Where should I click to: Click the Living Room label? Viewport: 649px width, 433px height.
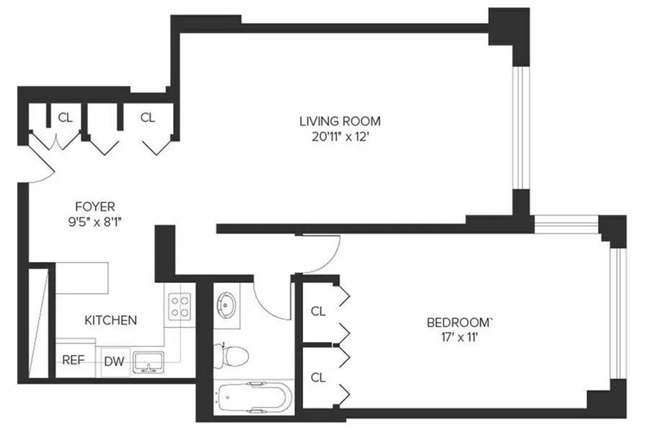tap(340, 121)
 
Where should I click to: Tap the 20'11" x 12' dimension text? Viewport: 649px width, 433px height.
tap(340, 135)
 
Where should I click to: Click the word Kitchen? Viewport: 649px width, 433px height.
tap(110, 320)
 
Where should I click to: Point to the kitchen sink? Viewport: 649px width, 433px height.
tap(148, 362)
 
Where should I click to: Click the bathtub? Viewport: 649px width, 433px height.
tap(253, 398)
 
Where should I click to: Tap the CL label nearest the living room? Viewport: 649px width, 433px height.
tap(147, 117)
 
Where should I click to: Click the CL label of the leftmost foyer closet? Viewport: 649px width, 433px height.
tap(66, 117)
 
